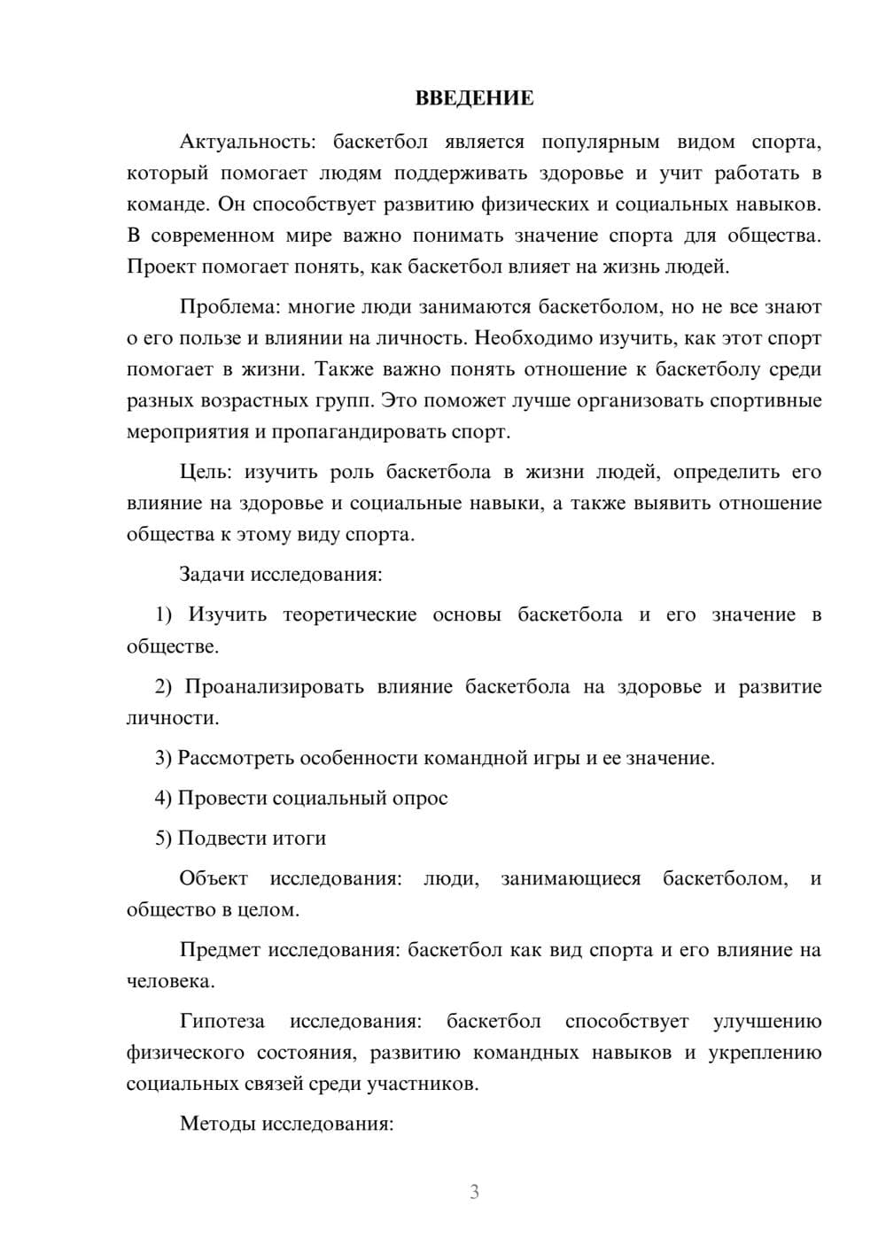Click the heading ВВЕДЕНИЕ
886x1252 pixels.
[474, 98]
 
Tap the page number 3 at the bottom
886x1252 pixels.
[474, 1192]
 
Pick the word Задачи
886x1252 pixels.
[212, 574]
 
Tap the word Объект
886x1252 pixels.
[214, 878]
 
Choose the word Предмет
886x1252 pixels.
[220, 950]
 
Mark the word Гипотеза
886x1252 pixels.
[221, 1021]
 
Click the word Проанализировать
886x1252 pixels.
[274, 686]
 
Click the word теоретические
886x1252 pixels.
[349, 614]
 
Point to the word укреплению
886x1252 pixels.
[765, 1053]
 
